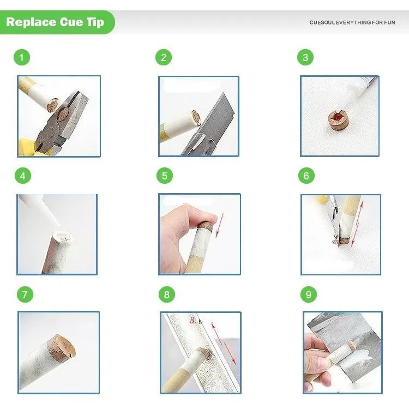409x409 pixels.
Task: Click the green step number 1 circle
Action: tap(22, 57)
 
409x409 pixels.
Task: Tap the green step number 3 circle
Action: tap(305, 57)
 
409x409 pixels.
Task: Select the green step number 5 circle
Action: tap(165, 176)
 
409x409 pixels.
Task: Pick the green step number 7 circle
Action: tap(25, 294)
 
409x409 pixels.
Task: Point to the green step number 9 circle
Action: tap(309, 294)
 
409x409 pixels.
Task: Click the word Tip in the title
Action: tap(95, 22)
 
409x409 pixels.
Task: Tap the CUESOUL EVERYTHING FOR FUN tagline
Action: tap(352, 22)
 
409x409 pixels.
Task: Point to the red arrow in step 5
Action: tap(220, 225)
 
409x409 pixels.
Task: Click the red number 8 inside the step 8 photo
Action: tap(193, 320)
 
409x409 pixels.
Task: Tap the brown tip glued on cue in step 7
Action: tap(62, 346)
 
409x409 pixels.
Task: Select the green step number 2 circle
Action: tap(164, 57)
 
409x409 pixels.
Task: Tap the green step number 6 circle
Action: tap(306, 176)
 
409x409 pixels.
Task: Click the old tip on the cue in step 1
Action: tap(53, 105)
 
